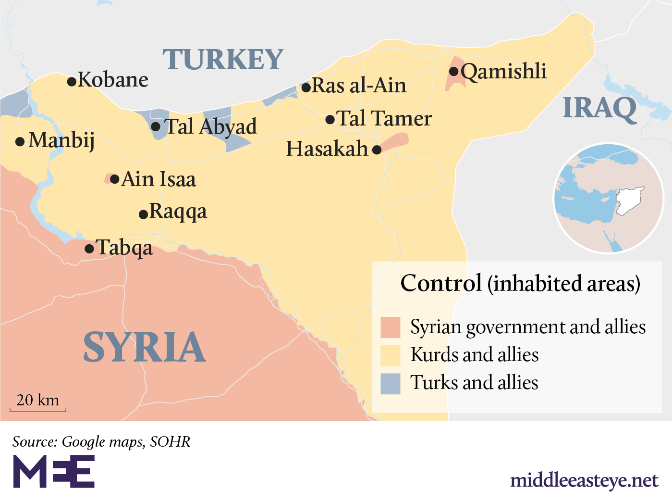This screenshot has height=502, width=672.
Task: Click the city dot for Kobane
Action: pyautogui.click(x=72, y=82)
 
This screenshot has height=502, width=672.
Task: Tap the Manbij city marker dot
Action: pyautogui.click(x=20, y=142)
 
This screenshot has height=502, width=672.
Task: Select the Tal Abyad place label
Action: pyautogui.click(x=210, y=127)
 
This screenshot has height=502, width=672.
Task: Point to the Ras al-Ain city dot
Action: pyautogui.click(x=306, y=88)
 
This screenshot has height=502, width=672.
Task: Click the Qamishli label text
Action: pyautogui.click(x=503, y=72)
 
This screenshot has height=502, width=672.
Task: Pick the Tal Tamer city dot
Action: pyautogui.click(x=330, y=120)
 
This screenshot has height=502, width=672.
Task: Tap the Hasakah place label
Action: pyautogui.click(x=327, y=149)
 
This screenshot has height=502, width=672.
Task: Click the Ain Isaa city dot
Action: pyautogui.click(x=114, y=179)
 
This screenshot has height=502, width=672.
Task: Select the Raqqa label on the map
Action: pyautogui.click(x=178, y=212)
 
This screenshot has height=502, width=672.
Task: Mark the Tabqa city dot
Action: pyautogui.click(x=89, y=249)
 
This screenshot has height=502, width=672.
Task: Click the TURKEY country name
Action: pyautogui.click(x=222, y=60)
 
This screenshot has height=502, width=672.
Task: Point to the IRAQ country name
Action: pyautogui.click(x=599, y=108)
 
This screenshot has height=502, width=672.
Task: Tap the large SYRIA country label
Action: pyautogui.click(x=144, y=347)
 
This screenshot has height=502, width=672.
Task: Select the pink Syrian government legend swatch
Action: pyautogui.click(x=390, y=327)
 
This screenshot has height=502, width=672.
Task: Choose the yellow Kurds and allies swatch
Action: pyautogui.click(x=390, y=355)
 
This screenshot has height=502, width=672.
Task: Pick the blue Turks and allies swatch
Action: pyautogui.click(x=390, y=383)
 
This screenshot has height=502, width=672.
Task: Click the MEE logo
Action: pyautogui.click(x=53, y=472)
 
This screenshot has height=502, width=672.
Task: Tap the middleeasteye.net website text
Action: pyautogui.click(x=584, y=480)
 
